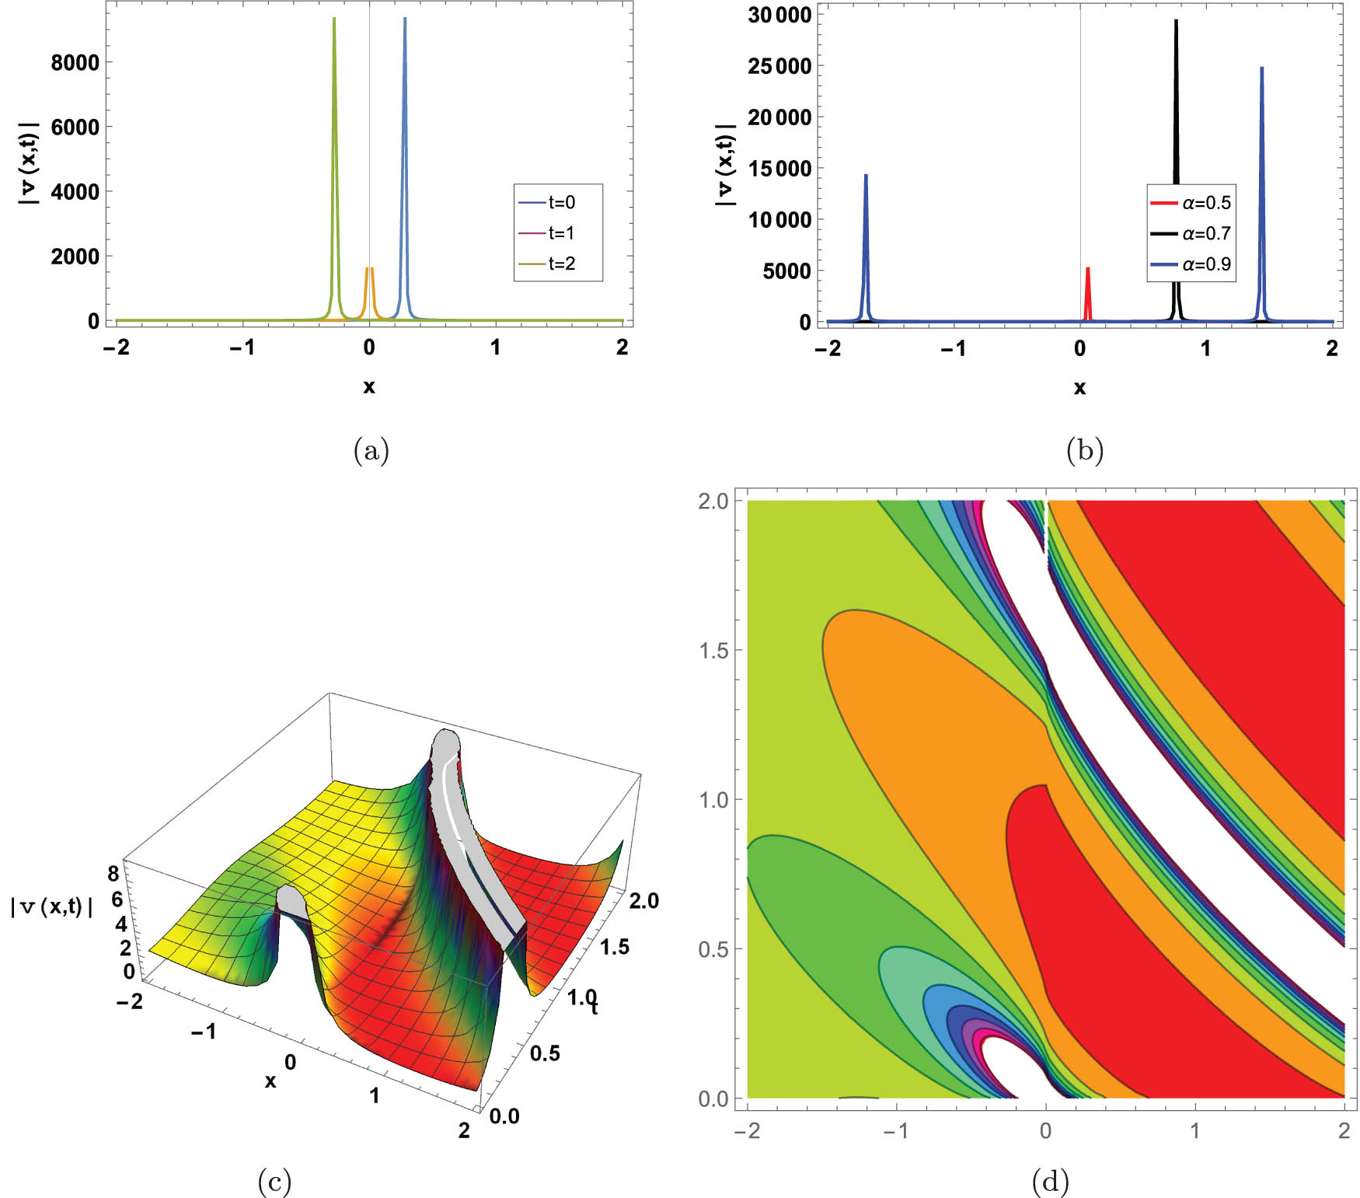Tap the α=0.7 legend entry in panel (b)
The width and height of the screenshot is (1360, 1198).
1205,233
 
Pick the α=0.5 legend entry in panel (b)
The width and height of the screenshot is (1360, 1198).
1205,203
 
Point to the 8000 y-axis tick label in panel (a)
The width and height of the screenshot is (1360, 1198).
75,62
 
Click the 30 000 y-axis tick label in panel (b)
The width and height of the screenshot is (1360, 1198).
779,15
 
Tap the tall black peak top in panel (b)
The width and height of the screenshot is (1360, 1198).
1176,22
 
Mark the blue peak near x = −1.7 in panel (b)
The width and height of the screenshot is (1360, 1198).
866,177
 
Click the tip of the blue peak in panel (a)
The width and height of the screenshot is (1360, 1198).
405,19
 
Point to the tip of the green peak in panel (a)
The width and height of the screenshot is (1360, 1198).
334,19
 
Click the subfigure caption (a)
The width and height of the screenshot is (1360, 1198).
371,450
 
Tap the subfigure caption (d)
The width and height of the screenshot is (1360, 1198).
1050,1182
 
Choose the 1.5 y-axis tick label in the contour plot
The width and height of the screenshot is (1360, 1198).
713,650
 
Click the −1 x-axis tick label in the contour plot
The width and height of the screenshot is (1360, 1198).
895,1130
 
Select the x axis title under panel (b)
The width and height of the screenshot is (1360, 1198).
1079,387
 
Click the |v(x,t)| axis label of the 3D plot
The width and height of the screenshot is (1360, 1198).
51,906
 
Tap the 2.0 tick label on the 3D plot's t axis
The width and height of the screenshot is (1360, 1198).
643,900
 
